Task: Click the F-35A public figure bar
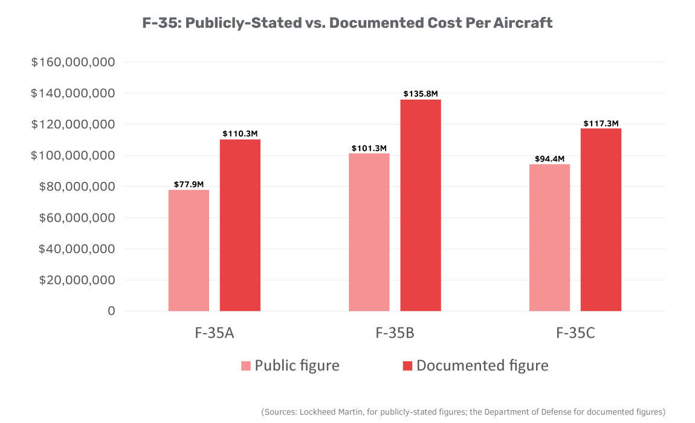click(x=189, y=251)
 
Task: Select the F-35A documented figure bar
click(x=240, y=225)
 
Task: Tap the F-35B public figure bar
click(x=369, y=233)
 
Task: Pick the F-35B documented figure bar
click(x=421, y=205)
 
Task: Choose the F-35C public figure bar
click(x=549, y=237)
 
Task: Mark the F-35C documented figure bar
click(x=601, y=220)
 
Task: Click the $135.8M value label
click(x=421, y=94)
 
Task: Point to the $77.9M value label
click(x=189, y=184)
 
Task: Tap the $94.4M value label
click(x=549, y=159)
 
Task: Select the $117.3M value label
click(x=601, y=123)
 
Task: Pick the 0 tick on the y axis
click(x=111, y=311)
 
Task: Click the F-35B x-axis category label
click(x=395, y=333)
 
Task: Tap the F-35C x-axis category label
click(x=575, y=333)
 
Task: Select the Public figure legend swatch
click(x=246, y=366)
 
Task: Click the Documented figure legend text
click(x=482, y=366)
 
